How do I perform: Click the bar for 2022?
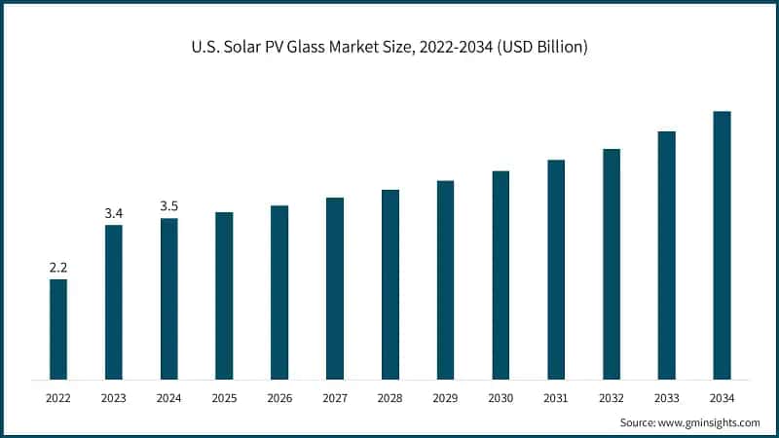(x=58, y=329)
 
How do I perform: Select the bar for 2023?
(x=114, y=302)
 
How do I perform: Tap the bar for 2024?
(x=169, y=298)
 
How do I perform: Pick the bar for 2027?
(x=335, y=288)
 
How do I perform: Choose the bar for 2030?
(x=501, y=274)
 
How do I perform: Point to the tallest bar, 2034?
(x=722, y=245)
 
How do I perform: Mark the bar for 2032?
(x=612, y=264)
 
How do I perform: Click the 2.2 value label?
(x=58, y=267)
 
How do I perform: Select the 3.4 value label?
(x=114, y=212)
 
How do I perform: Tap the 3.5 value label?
(x=169, y=205)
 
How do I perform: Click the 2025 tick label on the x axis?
(x=224, y=397)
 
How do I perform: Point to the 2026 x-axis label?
(x=279, y=397)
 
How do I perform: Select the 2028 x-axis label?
(x=389, y=397)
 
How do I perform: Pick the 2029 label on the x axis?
(x=445, y=397)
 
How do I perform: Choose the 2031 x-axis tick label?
(x=556, y=397)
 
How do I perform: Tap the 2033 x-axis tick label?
(x=666, y=397)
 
